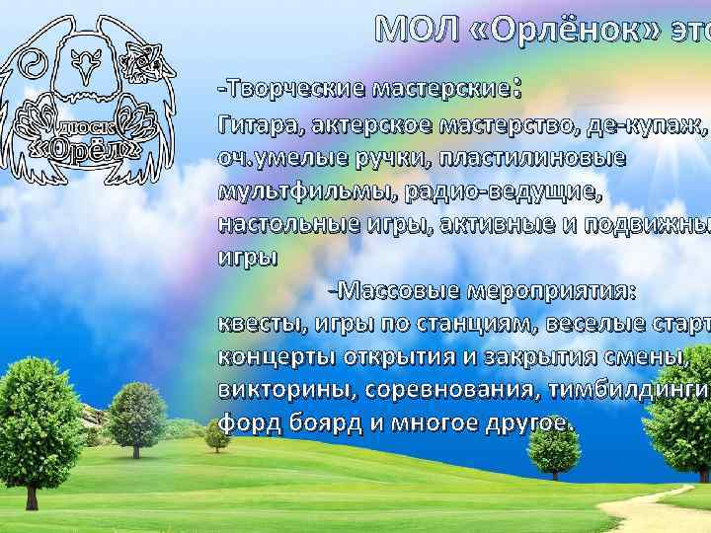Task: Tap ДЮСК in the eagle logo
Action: pyautogui.click(x=86, y=127)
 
